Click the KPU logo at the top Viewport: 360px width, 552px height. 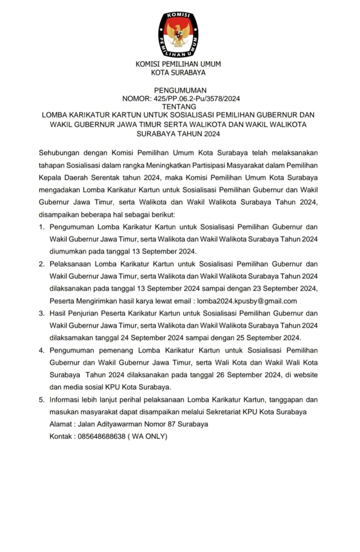click(178, 34)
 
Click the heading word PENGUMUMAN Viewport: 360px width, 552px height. click(180, 90)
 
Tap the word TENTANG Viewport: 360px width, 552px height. click(179, 107)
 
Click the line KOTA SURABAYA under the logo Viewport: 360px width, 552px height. click(178, 73)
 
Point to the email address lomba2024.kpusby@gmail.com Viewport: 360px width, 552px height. click(247, 301)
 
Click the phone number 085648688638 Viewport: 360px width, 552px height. click(102, 436)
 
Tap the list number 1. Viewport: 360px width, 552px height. click(42, 227)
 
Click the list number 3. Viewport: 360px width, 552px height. click(42, 313)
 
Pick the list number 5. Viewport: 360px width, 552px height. click(42, 400)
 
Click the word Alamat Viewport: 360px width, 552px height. click(61, 424)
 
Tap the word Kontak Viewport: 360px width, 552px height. click(61, 436)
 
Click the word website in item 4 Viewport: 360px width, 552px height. click(305, 375)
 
